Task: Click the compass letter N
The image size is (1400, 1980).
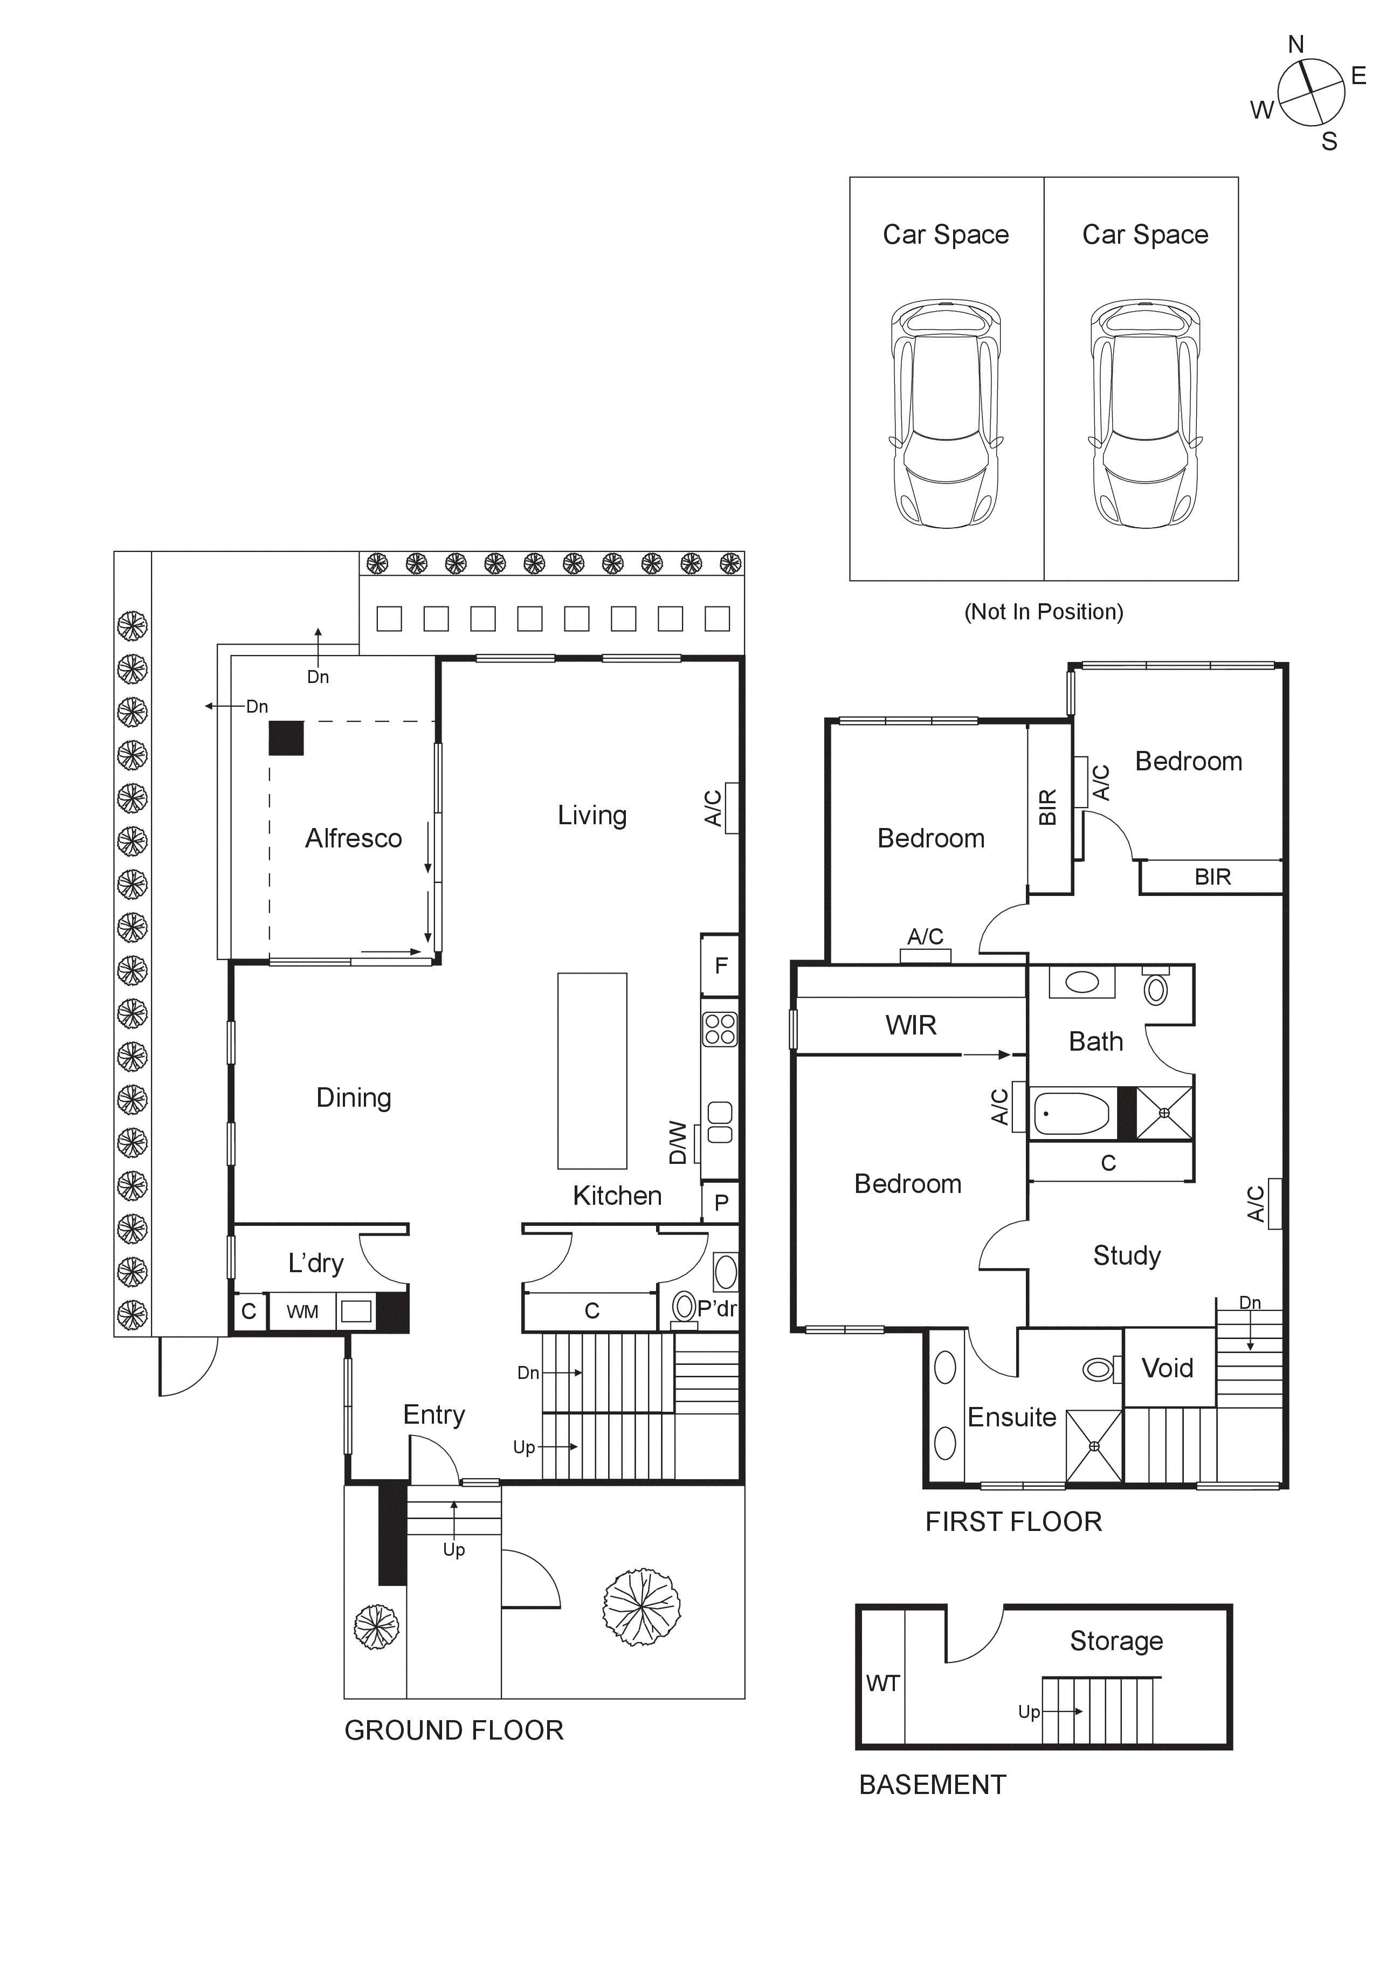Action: [x=1295, y=45]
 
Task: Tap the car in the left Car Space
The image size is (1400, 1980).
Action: [x=946, y=414]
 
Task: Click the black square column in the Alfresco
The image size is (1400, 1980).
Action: [x=286, y=738]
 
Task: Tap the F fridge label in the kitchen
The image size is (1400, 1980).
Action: [x=721, y=966]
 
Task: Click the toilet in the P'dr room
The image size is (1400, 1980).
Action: [x=684, y=1307]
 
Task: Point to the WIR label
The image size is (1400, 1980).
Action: [x=910, y=1025]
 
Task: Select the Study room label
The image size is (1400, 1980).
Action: [x=1127, y=1255]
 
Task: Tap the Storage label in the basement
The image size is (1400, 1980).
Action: [x=1116, y=1640]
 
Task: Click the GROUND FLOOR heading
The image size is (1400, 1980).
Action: [x=454, y=1730]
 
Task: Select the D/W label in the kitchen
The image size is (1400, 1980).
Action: [x=678, y=1143]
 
